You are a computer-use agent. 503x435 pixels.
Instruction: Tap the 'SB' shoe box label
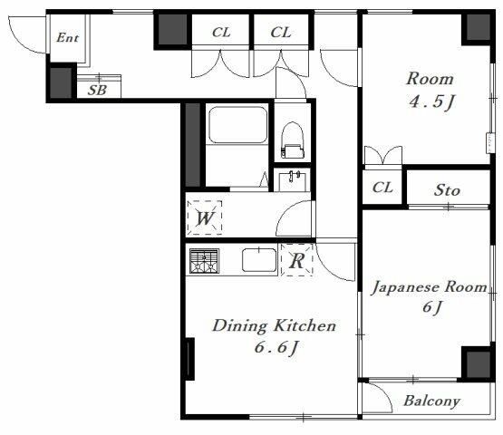[x=97, y=90]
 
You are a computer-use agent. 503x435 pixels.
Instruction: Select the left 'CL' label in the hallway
[x=221, y=33]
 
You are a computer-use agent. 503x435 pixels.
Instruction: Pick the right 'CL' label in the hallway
[x=281, y=33]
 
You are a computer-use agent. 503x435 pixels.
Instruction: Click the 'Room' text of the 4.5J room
[x=429, y=79]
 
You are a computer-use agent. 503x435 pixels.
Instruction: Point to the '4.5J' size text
[x=429, y=102]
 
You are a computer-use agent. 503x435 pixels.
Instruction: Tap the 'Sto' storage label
[x=447, y=190]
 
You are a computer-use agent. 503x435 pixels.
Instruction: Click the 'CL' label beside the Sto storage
[x=382, y=188]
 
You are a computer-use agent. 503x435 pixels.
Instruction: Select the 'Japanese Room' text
[x=430, y=288]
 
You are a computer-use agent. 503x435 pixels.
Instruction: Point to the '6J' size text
[x=432, y=309]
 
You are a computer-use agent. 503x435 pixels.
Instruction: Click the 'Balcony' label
[x=431, y=401]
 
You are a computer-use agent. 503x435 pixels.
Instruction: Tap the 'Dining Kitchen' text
[x=275, y=325]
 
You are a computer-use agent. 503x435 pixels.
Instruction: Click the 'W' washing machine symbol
[x=205, y=219]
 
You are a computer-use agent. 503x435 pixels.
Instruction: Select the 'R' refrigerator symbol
[x=296, y=262]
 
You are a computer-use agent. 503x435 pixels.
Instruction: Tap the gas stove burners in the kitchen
[x=205, y=262]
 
